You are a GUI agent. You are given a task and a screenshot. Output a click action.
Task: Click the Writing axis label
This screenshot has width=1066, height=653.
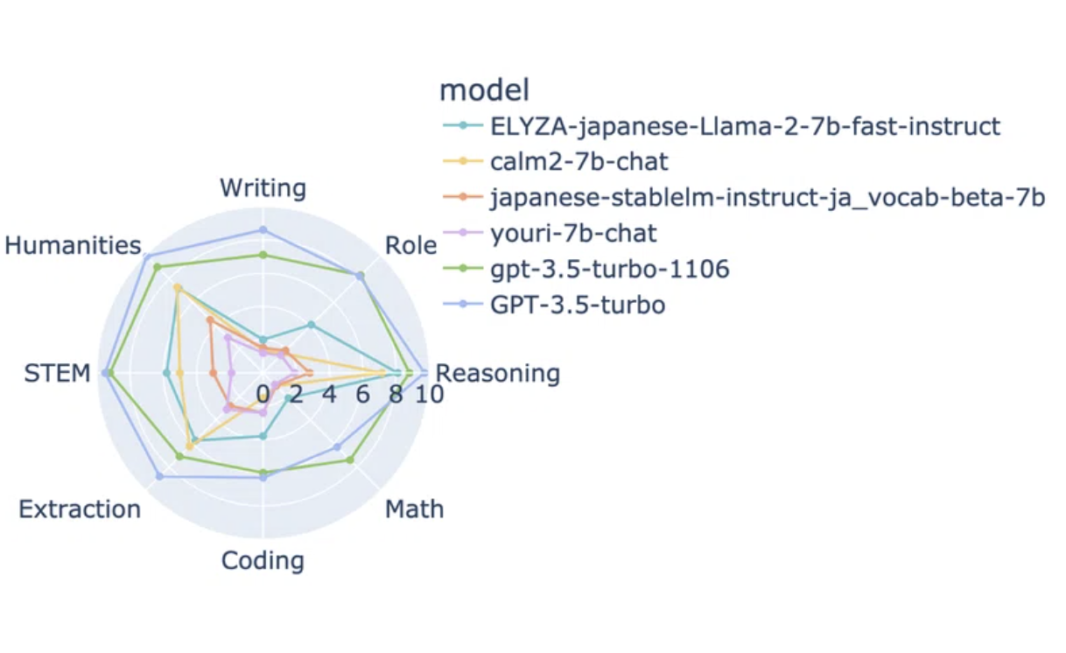pyautogui.click(x=263, y=188)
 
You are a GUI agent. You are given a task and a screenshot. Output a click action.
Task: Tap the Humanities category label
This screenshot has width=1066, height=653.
pyautogui.click(x=73, y=246)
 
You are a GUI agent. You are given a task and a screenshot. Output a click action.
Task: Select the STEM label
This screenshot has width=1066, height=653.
pyautogui.click(x=57, y=373)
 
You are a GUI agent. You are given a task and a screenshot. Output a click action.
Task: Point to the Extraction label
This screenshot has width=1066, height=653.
pyautogui.click(x=80, y=509)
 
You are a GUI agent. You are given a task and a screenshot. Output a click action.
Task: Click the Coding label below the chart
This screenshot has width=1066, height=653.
pyautogui.click(x=263, y=561)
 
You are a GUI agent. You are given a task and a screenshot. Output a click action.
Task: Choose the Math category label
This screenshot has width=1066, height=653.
pyautogui.click(x=415, y=509)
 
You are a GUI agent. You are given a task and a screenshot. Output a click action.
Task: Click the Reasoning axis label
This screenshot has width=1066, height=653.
pyautogui.click(x=498, y=373)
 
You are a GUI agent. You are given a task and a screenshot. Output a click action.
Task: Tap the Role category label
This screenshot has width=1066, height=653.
pyautogui.click(x=410, y=246)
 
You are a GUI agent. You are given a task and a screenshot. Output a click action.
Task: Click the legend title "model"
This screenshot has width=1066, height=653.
pyautogui.click(x=485, y=90)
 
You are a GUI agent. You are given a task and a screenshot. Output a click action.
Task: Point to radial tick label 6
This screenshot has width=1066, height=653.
pyautogui.click(x=362, y=395)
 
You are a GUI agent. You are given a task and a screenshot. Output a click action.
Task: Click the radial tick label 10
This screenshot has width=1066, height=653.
pyautogui.click(x=430, y=395)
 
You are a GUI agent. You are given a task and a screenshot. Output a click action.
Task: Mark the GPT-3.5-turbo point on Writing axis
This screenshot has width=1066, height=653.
pyautogui.click(x=263, y=230)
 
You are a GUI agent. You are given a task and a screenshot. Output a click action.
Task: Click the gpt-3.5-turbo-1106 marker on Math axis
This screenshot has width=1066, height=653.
pyautogui.click(x=351, y=460)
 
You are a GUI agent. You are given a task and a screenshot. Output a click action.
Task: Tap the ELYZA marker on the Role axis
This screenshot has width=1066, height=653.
pyautogui.click(x=311, y=325)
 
